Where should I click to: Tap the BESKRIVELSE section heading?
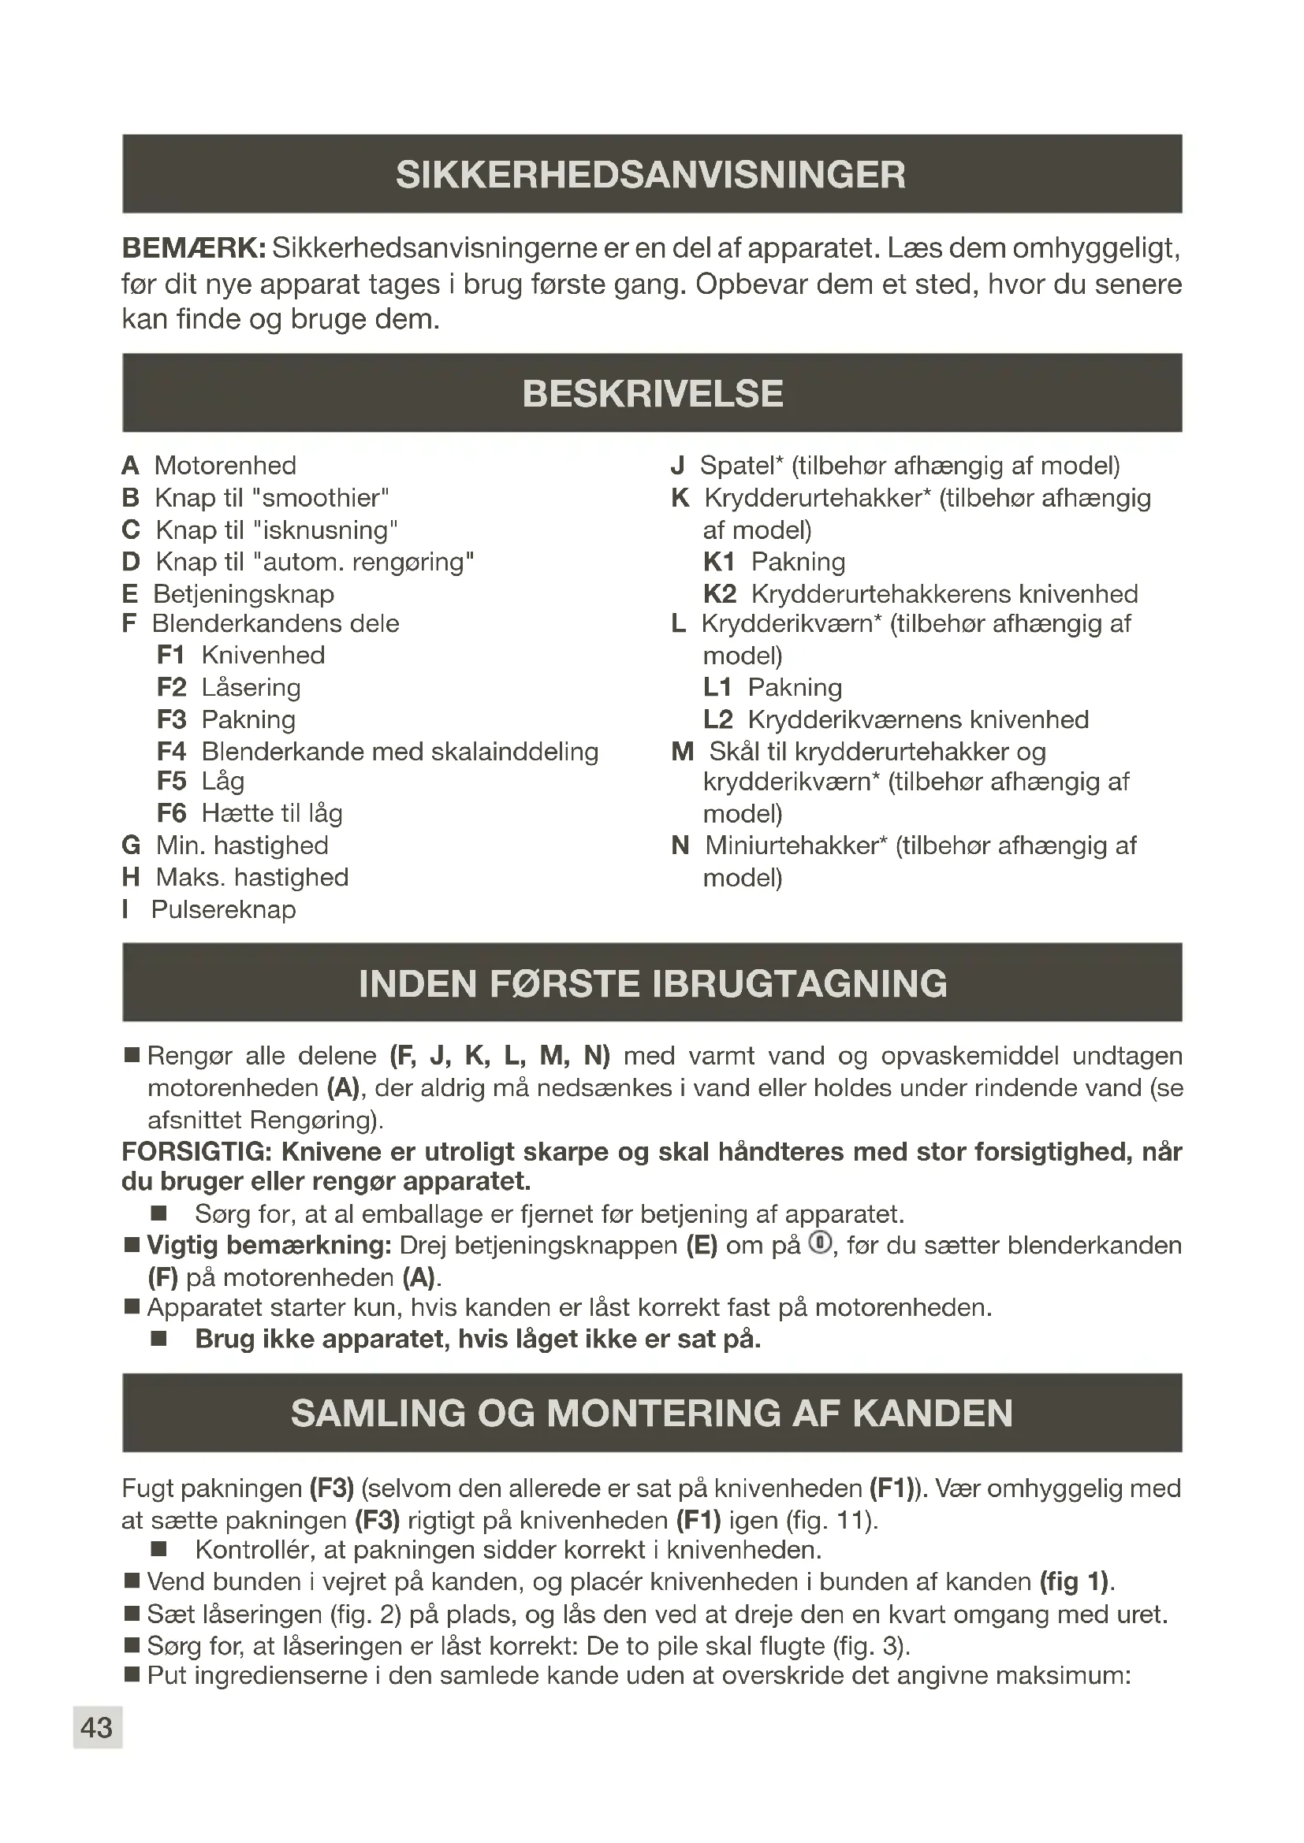(x=652, y=394)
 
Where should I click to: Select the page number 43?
(x=97, y=1727)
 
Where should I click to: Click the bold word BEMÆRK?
(x=193, y=249)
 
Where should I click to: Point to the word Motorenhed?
(x=225, y=466)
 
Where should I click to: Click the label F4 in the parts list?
(x=171, y=752)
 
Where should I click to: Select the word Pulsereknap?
(x=223, y=909)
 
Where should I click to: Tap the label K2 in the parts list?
(x=720, y=594)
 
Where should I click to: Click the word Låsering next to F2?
(x=251, y=687)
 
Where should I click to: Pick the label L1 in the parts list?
(x=717, y=687)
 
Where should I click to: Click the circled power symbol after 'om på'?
(x=820, y=1243)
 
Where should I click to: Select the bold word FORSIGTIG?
(x=197, y=1152)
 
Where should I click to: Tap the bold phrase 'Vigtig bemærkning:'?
(x=269, y=1246)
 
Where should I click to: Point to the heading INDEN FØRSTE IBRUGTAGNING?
(x=652, y=984)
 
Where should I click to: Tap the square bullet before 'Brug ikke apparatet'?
(x=158, y=1339)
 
